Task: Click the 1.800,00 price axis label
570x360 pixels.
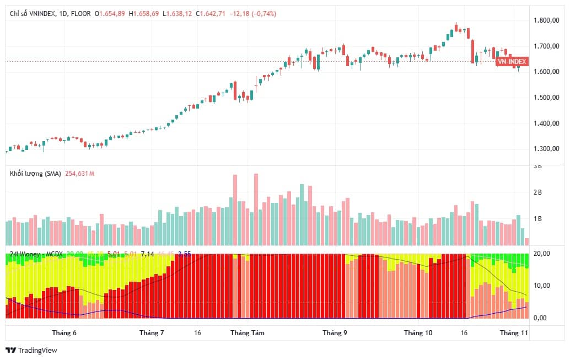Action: click(547, 20)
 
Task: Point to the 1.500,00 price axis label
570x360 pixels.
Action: click(547, 98)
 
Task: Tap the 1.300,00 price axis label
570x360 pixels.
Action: click(547, 149)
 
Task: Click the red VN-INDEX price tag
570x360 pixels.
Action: click(512, 62)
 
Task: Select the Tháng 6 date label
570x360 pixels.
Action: click(64, 333)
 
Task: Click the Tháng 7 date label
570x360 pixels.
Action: click(152, 333)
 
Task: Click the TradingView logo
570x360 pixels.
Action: click(31, 350)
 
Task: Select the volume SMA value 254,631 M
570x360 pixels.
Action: click(80, 174)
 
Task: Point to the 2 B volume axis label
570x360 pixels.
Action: click(537, 192)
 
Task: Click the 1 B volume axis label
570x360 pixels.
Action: click(537, 219)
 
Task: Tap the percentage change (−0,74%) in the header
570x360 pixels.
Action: click(264, 13)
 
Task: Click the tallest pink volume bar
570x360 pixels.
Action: click(256, 209)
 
